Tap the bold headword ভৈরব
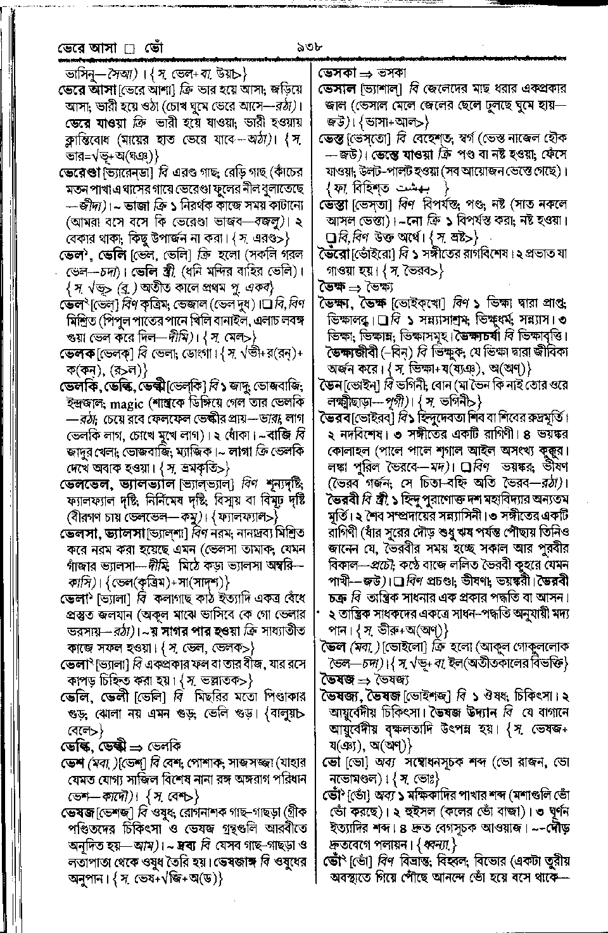coord(338,419)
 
